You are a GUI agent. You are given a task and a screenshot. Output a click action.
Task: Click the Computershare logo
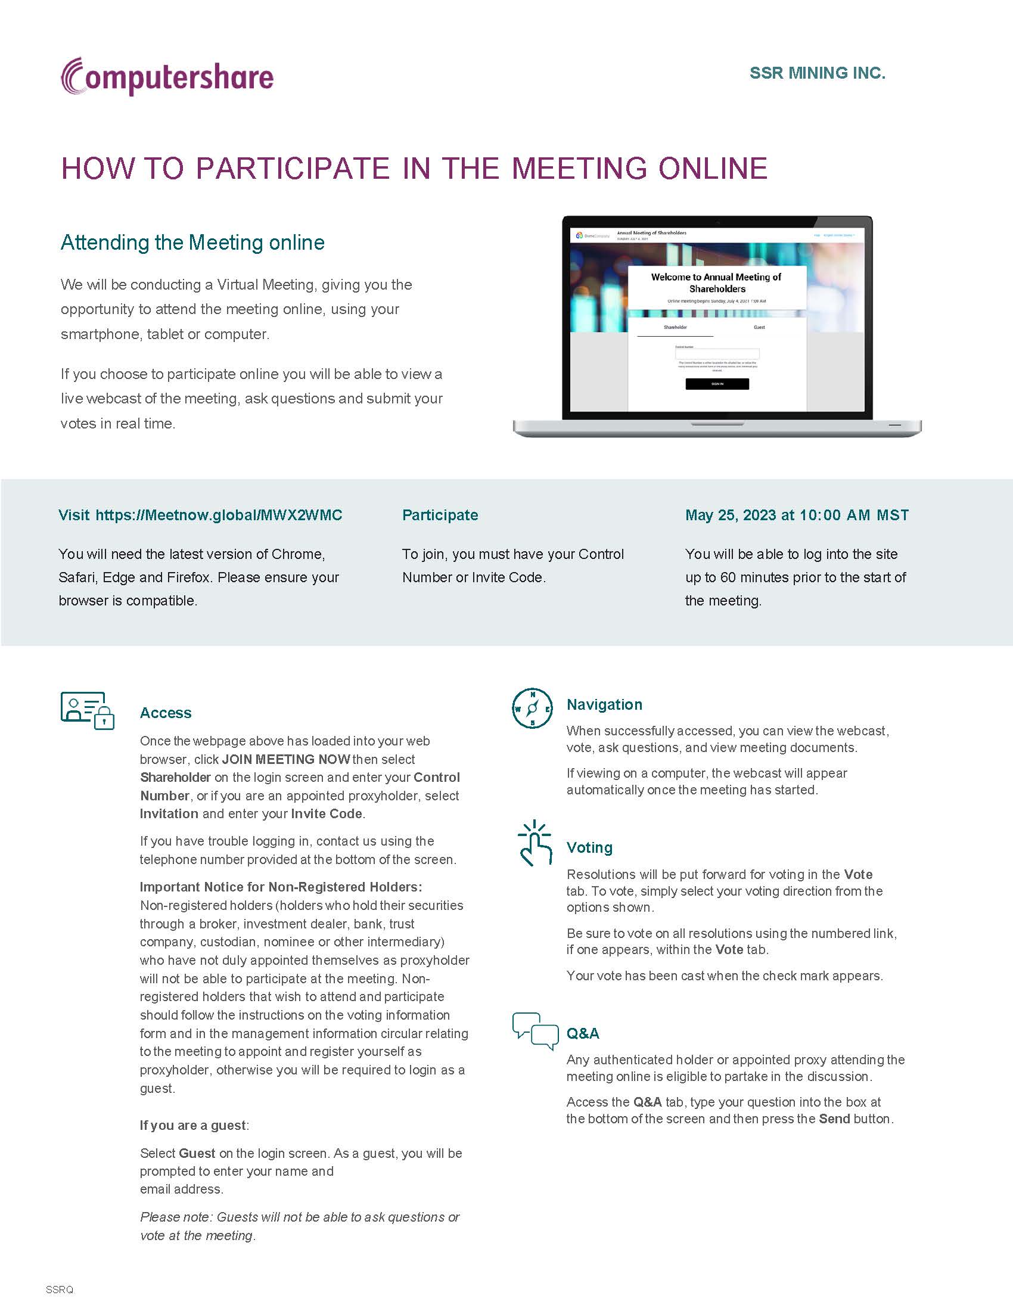point(167,77)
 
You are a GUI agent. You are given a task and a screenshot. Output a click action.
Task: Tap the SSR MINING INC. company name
point(817,73)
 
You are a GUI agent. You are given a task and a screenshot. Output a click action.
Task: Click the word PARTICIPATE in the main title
point(293,168)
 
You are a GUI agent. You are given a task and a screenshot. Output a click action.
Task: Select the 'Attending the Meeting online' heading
point(192,243)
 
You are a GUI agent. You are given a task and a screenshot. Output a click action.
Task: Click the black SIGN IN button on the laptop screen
point(716,384)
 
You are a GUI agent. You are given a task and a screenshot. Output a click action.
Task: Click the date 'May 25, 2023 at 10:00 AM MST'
point(796,515)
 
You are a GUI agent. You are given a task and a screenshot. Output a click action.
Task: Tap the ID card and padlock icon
point(87,710)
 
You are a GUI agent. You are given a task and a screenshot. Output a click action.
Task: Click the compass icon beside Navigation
point(532,709)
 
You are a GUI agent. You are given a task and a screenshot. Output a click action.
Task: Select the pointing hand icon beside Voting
point(534,843)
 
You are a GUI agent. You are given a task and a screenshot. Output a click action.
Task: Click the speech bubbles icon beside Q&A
point(535,1032)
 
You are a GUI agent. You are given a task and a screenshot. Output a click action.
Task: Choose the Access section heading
point(166,713)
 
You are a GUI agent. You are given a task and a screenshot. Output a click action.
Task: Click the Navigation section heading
point(604,704)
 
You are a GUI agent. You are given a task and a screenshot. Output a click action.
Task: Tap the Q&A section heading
point(582,1033)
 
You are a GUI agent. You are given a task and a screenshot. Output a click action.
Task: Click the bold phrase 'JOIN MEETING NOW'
point(285,759)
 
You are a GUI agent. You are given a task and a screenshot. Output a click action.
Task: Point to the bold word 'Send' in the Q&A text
point(834,1119)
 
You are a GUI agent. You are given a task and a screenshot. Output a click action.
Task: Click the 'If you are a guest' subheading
point(193,1125)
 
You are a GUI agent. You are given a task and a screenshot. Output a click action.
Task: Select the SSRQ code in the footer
point(60,1290)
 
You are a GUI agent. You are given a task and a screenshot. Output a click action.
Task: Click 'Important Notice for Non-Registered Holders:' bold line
point(281,887)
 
